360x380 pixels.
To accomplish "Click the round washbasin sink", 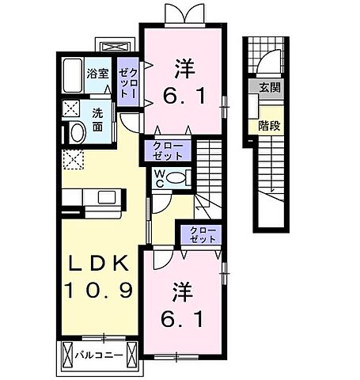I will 78,131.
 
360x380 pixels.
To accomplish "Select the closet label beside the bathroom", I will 127,82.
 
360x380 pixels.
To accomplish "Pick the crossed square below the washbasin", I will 77,158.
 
